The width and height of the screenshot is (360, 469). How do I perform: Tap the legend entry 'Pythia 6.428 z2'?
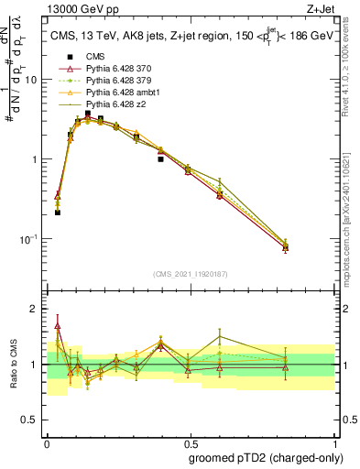click(114, 104)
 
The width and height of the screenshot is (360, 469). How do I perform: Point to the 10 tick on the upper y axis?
click(30, 80)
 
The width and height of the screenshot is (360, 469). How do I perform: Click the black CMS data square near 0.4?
click(160, 158)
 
